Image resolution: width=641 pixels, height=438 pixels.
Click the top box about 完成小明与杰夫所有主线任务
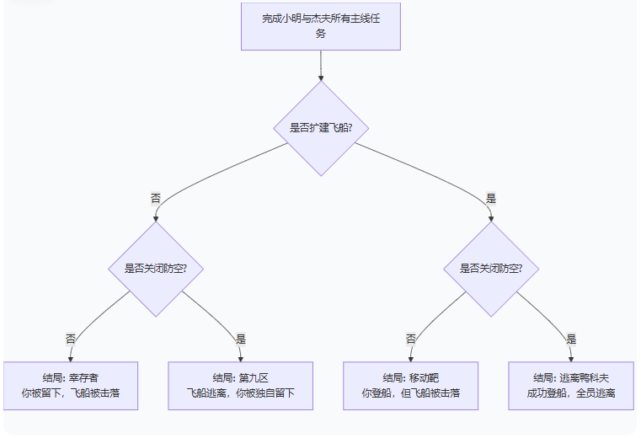coord(320,26)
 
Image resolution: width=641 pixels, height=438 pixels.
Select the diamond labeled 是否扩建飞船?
coord(321,129)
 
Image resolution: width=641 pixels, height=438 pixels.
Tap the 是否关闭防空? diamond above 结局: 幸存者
coord(157,269)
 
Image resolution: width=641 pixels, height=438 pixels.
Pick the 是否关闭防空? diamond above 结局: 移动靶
coord(491,269)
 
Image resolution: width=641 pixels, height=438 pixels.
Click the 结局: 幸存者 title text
coord(70,377)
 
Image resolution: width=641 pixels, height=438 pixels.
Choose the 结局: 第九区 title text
coord(240,377)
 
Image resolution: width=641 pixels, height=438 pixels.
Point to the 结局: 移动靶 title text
coord(410,377)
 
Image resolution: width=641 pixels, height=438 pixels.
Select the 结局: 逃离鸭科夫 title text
coord(571,377)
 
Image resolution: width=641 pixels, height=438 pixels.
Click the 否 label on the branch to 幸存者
coord(71,339)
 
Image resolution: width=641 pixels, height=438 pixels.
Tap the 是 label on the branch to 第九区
coord(241,339)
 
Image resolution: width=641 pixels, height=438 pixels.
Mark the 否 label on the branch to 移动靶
coord(411,339)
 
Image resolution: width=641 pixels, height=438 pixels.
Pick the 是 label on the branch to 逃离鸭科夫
coord(571,339)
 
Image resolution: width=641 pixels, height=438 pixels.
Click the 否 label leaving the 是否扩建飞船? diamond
coord(156,199)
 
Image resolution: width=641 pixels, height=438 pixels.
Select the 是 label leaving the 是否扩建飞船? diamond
coord(491,199)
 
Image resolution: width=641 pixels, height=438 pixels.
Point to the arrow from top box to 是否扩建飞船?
coord(321,66)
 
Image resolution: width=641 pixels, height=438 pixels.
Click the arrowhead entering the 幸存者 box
coord(71,358)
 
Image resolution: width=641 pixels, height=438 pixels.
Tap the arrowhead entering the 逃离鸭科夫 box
coord(571,358)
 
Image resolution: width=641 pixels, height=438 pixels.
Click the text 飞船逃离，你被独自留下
coord(240,393)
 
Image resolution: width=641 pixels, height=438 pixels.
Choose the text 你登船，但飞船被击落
coord(410,393)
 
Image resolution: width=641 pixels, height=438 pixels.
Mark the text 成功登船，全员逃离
coord(571,393)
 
